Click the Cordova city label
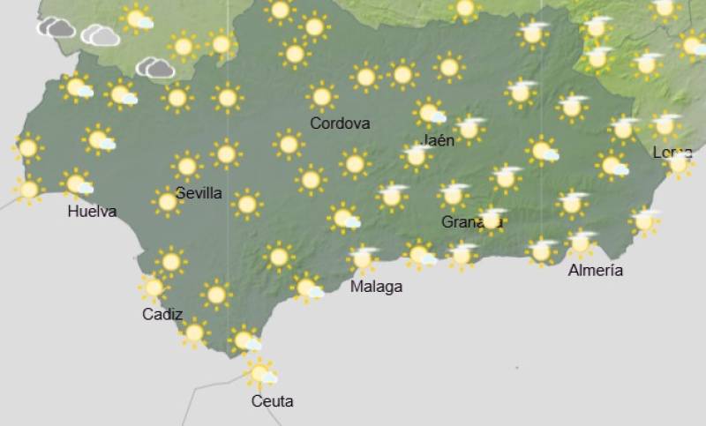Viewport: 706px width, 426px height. [340, 123]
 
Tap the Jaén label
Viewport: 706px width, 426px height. [439, 140]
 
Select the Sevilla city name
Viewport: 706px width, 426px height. [199, 193]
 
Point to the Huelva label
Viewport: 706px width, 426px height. [92, 212]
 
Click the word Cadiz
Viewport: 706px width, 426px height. [162, 314]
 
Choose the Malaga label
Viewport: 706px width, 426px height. [376, 287]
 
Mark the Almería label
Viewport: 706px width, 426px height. [596, 271]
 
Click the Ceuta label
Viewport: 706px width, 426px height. [272, 401]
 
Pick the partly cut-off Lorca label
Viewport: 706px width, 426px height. [672, 152]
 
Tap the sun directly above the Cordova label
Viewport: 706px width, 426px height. [321, 96]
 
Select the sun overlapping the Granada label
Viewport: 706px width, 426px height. [492, 220]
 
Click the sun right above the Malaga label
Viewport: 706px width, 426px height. [361, 259]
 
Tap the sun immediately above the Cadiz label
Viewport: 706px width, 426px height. [154, 287]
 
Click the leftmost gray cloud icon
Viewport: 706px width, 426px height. [56, 28]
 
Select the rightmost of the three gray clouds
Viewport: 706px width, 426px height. [155, 67]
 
